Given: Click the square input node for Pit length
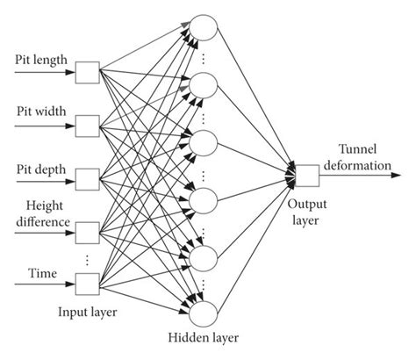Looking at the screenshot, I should click(86, 70).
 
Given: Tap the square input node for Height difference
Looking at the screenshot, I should click(86, 232).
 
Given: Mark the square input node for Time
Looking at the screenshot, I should click(86, 284).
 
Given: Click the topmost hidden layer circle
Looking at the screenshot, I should click(204, 28).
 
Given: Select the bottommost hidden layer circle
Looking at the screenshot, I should click(204, 313).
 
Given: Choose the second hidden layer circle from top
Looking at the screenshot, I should click(204, 85).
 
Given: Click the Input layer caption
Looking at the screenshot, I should click(89, 311).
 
